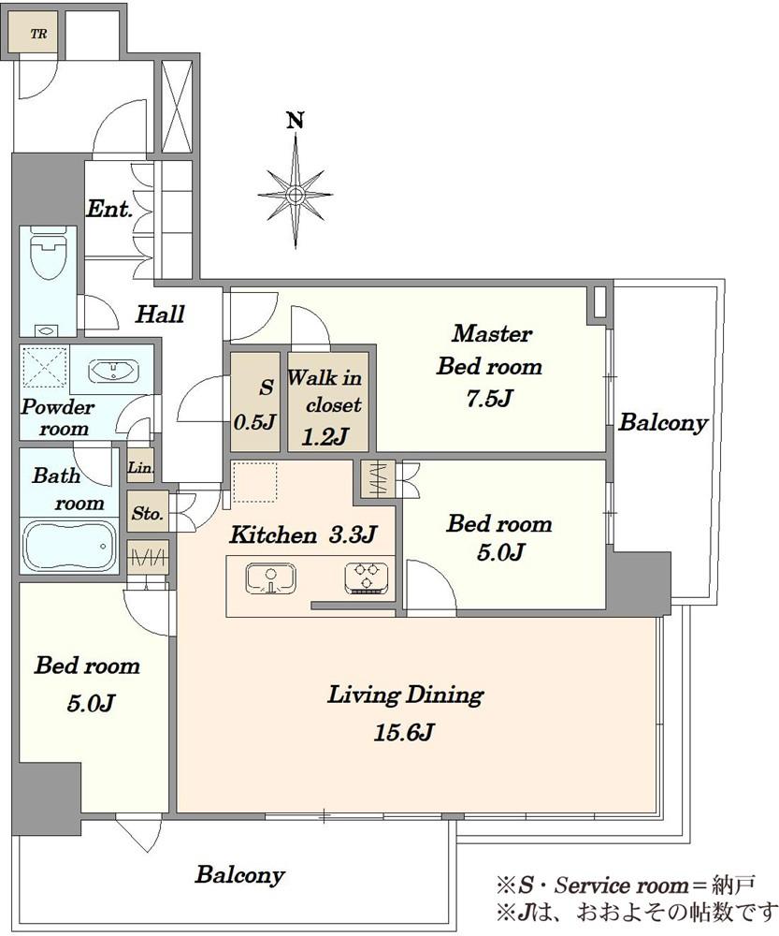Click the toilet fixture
pyautogui.click(x=47, y=256)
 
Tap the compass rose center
pyautogui.click(x=296, y=195)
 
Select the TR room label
pyautogui.click(x=38, y=34)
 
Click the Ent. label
pyautogui.click(x=109, y=209)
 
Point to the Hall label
pyautogui.click(x=160, y=314)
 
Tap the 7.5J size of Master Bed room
pyautogui.click(x=489, y=398)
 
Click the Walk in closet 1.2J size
pyautogui.click(x=325, y=438)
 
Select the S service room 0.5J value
pyautogui.click(x=254, y=423)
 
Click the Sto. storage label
pyautogui.click(x=147, y=513)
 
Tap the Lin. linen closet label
pyautogui.click(x=141, y=468)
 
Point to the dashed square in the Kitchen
pyautogui.click(x=255, y=482)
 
